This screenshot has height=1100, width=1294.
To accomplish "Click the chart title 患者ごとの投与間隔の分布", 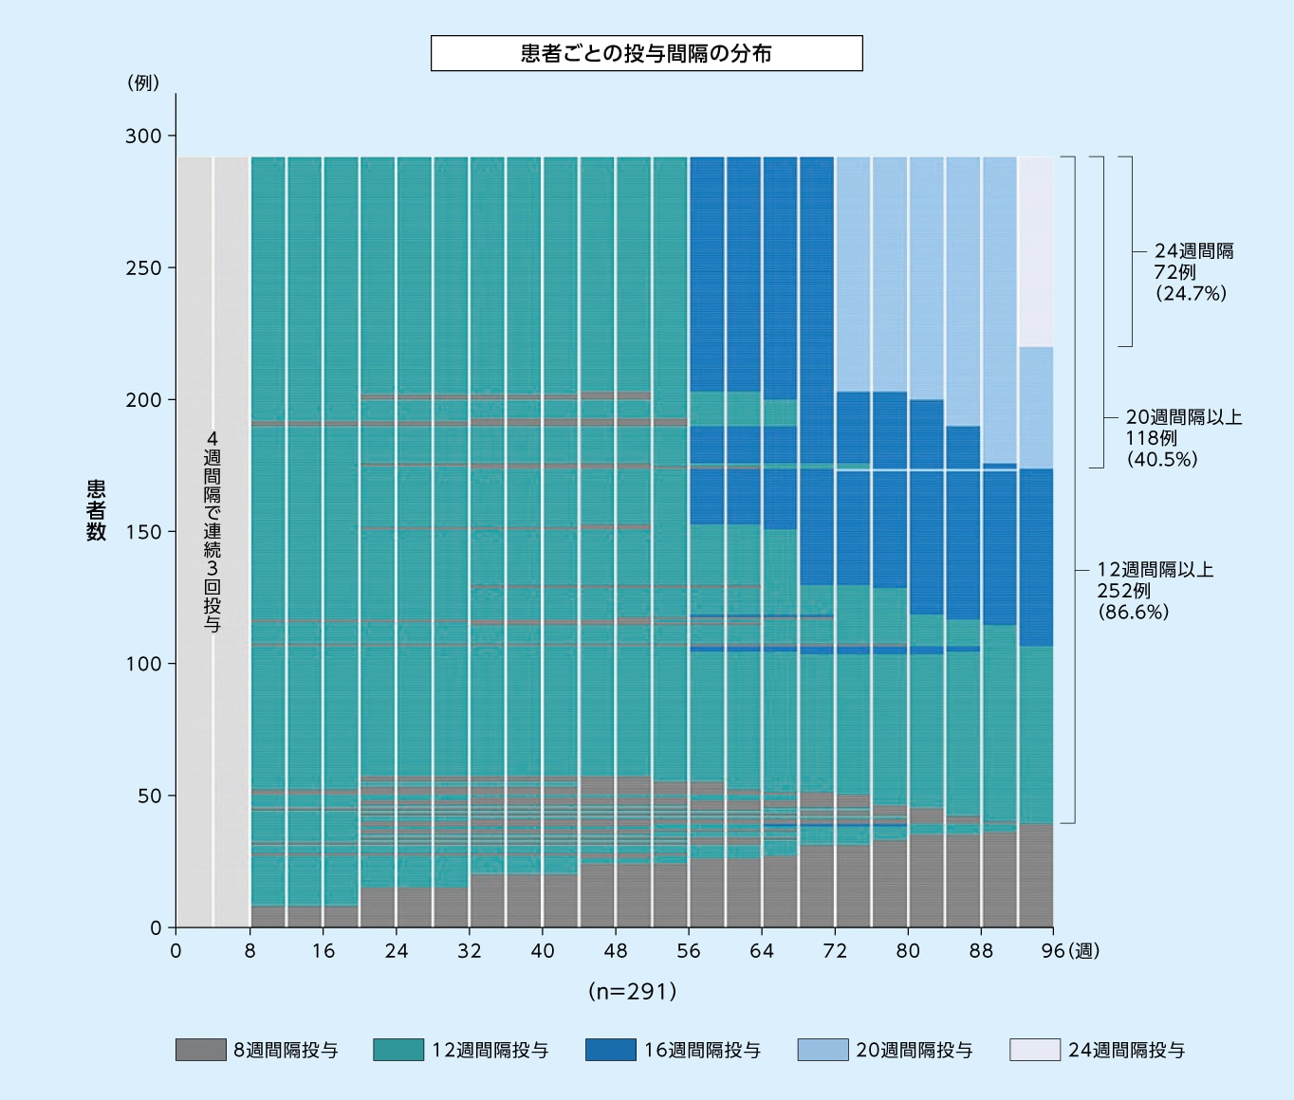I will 646,53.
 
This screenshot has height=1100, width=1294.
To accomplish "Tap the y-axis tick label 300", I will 143,136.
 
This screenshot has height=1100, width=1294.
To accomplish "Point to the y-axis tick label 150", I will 143,532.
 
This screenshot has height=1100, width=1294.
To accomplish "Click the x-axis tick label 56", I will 689,951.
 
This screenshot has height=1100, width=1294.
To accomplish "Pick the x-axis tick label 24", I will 397,951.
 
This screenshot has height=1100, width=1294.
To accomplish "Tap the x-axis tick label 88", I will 981,951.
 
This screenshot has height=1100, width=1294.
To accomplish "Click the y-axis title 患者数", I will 97,510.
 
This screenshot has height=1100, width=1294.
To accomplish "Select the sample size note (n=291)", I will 633,991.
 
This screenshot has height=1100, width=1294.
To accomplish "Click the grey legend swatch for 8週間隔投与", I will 200,1050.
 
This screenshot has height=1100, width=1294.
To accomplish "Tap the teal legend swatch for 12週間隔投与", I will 398,1050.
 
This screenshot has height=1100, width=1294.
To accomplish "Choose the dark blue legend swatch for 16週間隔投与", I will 611,1050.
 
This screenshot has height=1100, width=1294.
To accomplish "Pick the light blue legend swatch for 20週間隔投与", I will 823,1050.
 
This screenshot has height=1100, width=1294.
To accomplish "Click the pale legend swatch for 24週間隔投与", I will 1035,1050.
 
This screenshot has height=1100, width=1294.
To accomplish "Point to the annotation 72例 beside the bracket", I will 1174,272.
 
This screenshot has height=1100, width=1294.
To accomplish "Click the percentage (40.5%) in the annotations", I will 1162,459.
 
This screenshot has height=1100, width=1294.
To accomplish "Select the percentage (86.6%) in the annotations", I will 1134,612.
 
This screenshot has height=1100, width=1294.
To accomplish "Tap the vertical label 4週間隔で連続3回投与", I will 213,531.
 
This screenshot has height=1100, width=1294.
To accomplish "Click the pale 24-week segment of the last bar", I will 1036,251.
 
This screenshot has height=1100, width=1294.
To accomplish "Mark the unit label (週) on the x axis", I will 1084,951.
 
